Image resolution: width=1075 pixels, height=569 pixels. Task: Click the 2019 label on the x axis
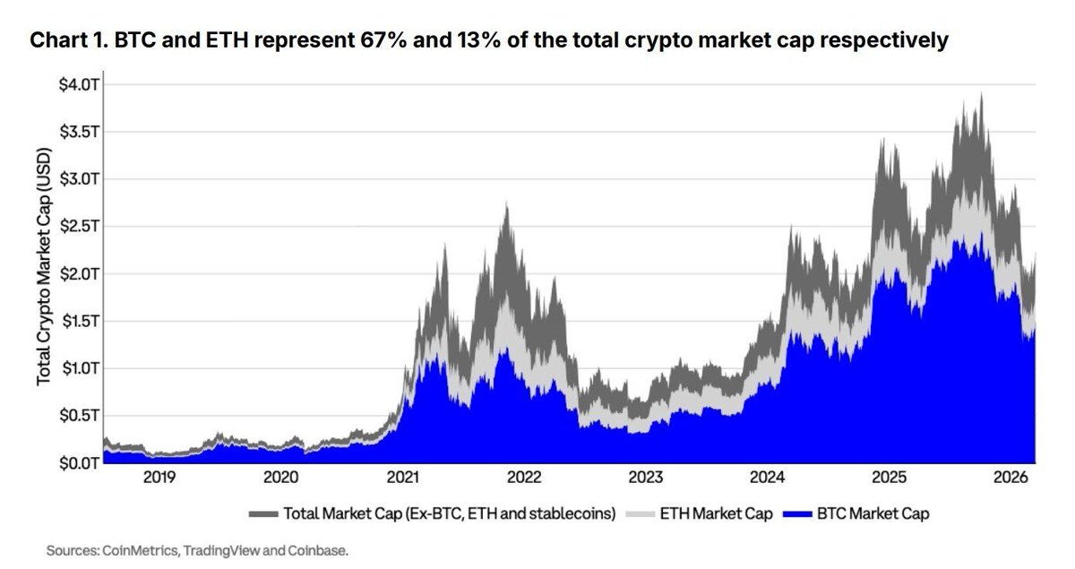(x=159, y=478)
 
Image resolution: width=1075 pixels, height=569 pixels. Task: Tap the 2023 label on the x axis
(x=645, y=478)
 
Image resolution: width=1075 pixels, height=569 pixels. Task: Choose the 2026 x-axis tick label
(x=1009, y=478)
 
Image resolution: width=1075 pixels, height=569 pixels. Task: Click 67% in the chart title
(x=379, y=41)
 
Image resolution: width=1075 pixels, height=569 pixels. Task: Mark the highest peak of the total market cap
(x=982, y=93)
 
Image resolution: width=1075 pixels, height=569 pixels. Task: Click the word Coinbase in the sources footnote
(x=317, y=551)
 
